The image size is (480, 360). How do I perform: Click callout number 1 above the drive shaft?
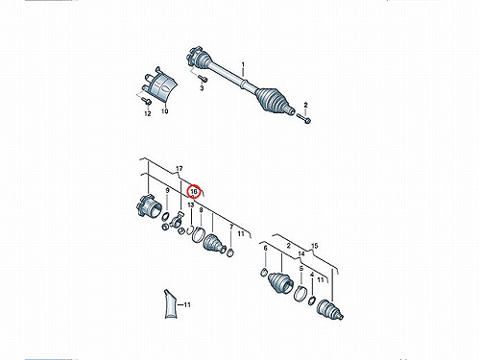pos(243,65)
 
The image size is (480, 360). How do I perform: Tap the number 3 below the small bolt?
pos(202,87)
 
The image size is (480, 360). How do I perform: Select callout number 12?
pos(148,113)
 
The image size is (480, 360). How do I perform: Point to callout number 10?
pos(164,111)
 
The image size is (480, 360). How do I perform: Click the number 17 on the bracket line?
pos(180,168)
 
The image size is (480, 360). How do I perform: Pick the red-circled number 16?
pos(194,191)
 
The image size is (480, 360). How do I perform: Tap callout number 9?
pos(167,191)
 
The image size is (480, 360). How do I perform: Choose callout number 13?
pos(191,204)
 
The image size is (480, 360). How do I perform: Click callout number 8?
pos(201,210)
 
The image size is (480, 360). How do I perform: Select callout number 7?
pos(231,228)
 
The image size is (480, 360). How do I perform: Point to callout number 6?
pos(265,249)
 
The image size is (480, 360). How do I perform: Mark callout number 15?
pos(315,246)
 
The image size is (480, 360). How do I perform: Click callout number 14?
pos(301,254)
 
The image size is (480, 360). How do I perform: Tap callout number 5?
pos(301,268)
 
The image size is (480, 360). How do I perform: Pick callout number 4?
pos(312,275)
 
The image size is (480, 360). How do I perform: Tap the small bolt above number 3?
pos(202,78)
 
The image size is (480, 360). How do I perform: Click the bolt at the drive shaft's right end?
pos(305,119)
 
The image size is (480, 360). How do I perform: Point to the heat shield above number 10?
pos(160,84)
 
